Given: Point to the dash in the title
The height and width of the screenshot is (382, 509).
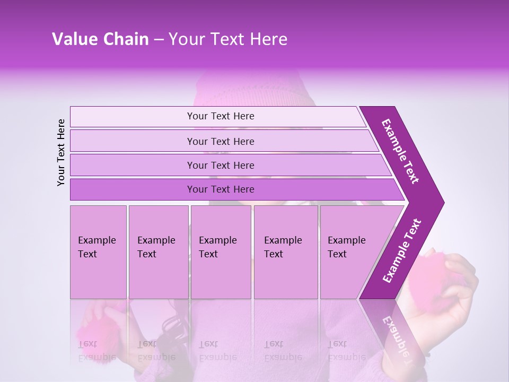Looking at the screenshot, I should (x=159, y=40).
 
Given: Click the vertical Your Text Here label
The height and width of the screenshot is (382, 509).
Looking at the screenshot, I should (x=61, y=152).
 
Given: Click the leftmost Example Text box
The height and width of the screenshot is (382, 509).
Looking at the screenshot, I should (x=98, y=252).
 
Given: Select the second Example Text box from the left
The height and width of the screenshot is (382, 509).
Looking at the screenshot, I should (x=159, y=252).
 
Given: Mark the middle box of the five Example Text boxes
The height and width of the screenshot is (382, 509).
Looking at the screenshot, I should (x=221, y=252).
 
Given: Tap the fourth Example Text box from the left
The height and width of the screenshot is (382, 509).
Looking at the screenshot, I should (x=286, y=252).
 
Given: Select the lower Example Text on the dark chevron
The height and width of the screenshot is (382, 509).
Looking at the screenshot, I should (x=402, y=250).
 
